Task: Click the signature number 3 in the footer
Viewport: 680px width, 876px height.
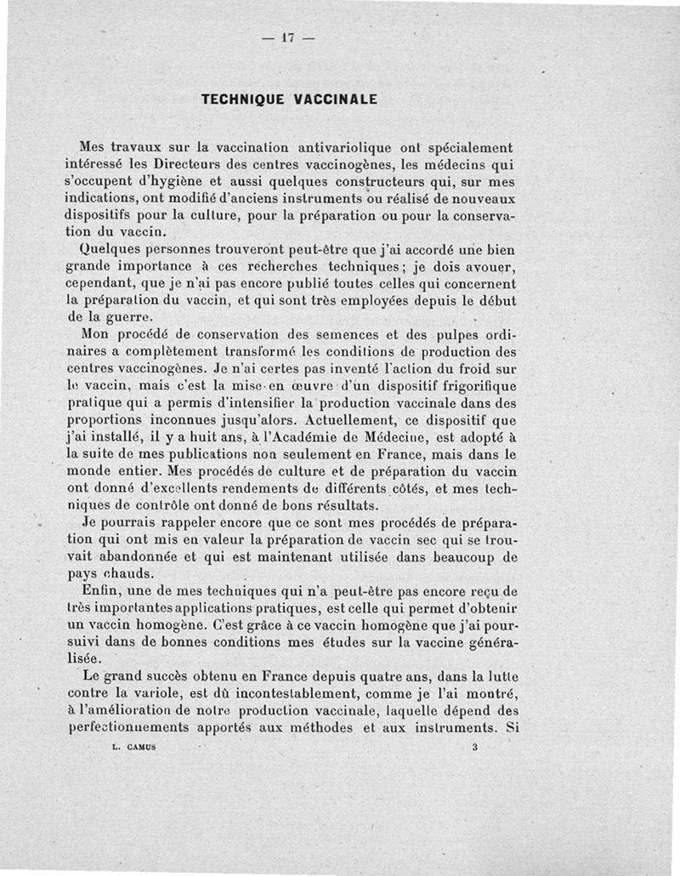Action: tap(474, 748)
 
